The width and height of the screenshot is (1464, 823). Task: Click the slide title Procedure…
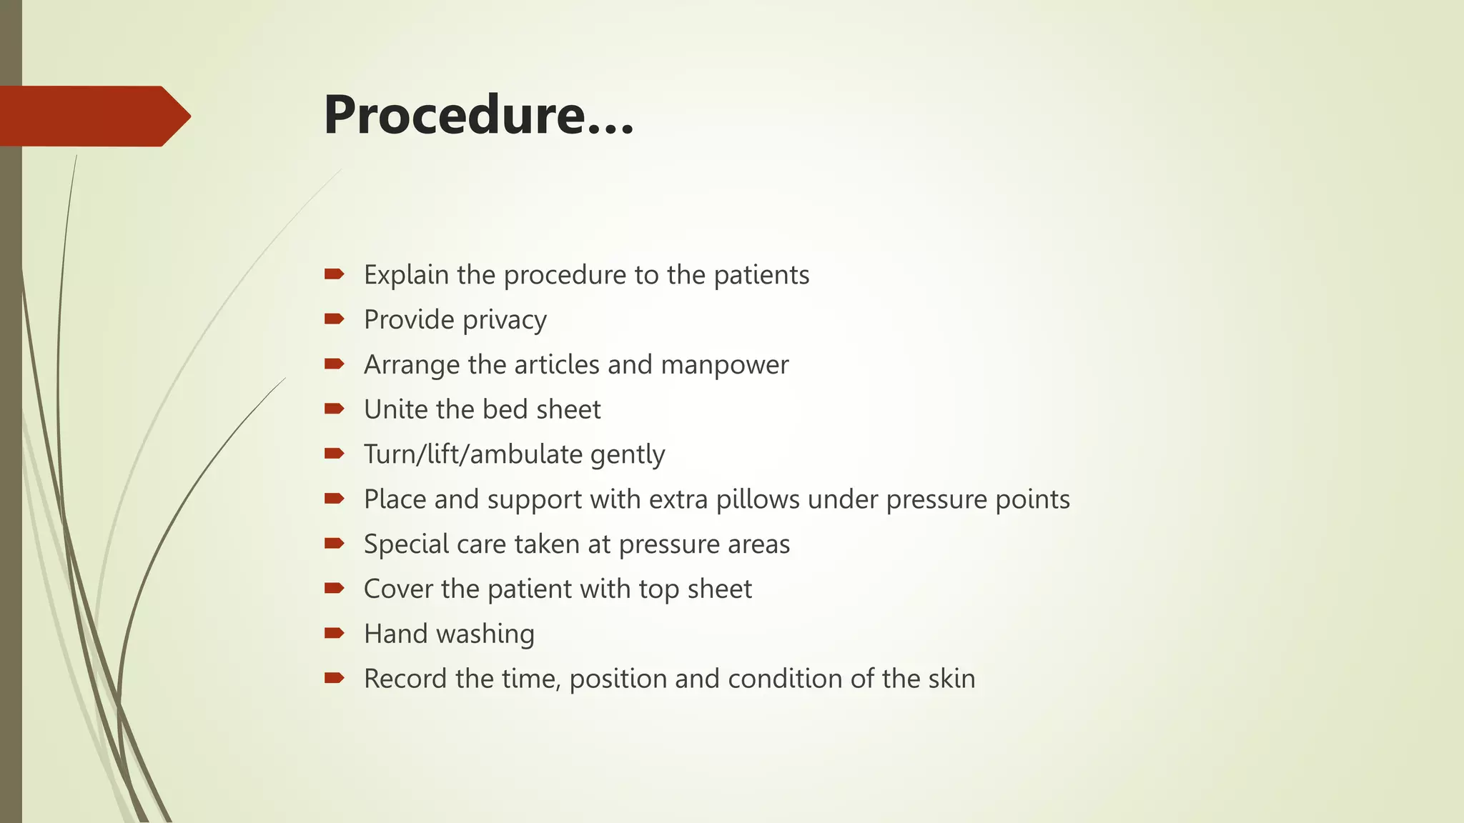click(x=478, y=116)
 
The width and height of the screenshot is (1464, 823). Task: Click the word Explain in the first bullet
click(x=406, y=275)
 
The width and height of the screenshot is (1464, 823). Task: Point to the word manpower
click(x=724, y=365)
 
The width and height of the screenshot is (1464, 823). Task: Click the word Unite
click(x=396, y=409)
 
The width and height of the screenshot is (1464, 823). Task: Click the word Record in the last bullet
click(x=405, y=679)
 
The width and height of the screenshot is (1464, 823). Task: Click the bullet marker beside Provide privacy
click(x=334, y=319)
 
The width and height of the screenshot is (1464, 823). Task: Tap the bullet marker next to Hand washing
click(x=334, y=633)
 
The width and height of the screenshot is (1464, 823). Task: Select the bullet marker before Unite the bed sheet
click(x=334, y=409)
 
